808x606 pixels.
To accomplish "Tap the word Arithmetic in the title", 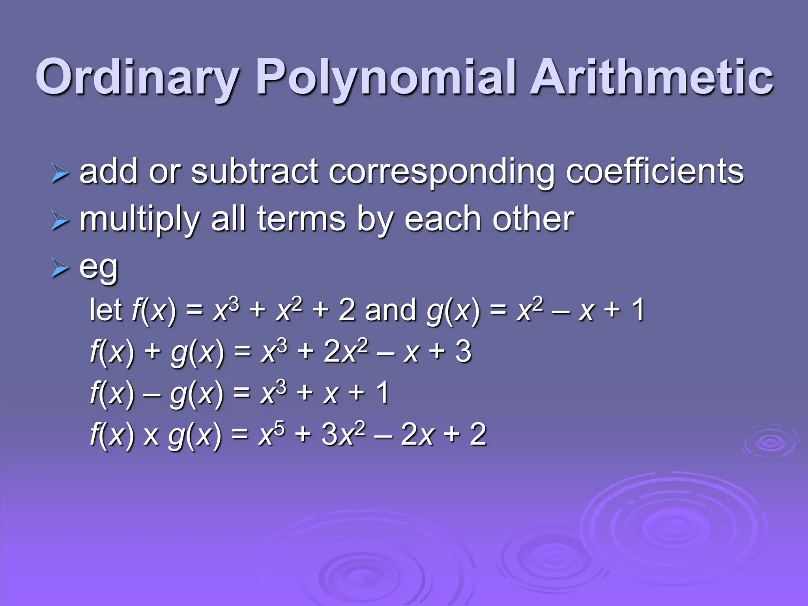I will pyautogui.click(x=651, y=77).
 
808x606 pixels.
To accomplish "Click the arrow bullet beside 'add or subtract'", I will pyautogui.click(x=60, y=174).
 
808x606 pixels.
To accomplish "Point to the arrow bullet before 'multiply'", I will pyautogui.click(x=60, y=221).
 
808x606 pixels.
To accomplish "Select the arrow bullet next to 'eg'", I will pyautogui.click(x=60, y=269).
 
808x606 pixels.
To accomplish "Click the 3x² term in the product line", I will pyautogui.click(x=343, y=434).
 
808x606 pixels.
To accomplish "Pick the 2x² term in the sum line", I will pyautogui.click(x=346, y=351).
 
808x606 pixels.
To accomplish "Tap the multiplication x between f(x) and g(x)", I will pyautogui.click(x=151, y=436).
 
